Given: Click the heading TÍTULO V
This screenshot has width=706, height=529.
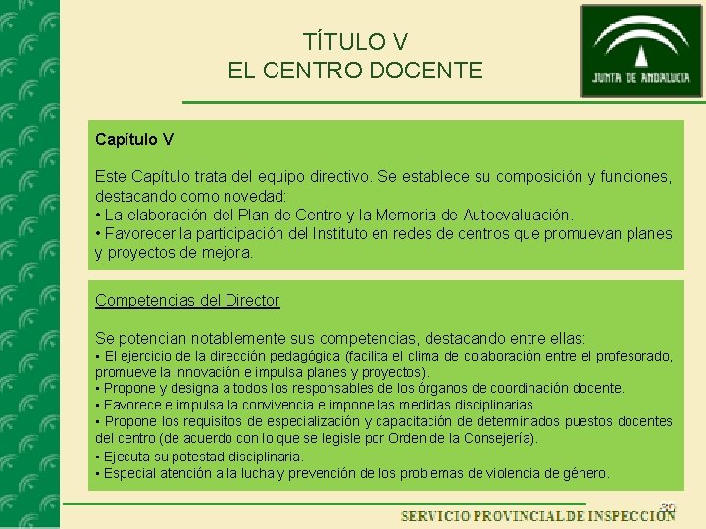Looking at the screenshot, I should coord(355,42).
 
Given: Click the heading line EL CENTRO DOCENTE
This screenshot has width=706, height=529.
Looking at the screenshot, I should coord(355,71).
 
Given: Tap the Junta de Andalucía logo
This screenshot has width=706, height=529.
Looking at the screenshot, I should coord(641,51).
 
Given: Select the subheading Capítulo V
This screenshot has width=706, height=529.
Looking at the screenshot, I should coord(134,140).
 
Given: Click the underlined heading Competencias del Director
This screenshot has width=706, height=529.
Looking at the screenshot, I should coord(187,300).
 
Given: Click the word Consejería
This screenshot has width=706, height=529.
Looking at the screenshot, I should coord(498,438).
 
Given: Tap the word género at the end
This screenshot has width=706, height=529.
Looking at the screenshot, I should coord(585,473).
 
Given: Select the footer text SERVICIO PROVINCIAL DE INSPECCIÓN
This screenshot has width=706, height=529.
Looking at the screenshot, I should coord(537,515).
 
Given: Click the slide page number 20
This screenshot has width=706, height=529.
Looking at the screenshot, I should coord(667,506).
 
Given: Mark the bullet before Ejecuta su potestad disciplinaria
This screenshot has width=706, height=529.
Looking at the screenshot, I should coord(98,457).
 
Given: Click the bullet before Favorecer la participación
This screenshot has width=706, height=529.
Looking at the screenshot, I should coord(98,233).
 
